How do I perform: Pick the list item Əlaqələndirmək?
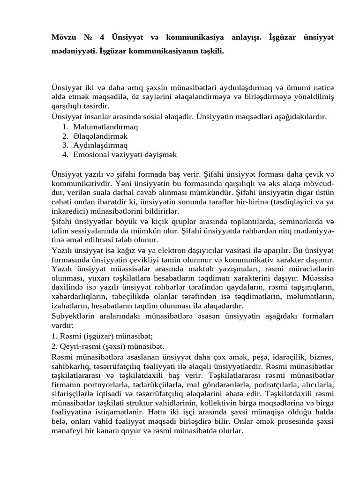click(x=100, y=136)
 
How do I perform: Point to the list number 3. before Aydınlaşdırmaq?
click(x=65, y=145)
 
